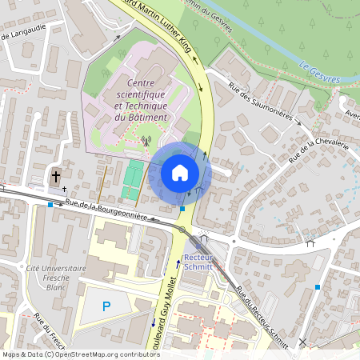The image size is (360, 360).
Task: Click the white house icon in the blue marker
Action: tap(180, 173)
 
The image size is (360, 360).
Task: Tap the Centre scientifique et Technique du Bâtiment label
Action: tap(141, 100)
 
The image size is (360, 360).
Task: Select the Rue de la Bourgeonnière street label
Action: tap(106, 210)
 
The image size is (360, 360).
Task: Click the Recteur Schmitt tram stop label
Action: tap(198, 262)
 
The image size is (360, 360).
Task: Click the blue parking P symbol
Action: tap(106, 306)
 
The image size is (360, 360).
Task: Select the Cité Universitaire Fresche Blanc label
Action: tap(56, 276)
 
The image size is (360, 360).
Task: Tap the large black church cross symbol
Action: tap(56, 176)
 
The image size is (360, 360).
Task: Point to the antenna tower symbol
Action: tap(145, 142)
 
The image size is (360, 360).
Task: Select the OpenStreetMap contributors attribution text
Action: tap(80, 354)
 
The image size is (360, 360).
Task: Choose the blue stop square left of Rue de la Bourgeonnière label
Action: tap(50, 205)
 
